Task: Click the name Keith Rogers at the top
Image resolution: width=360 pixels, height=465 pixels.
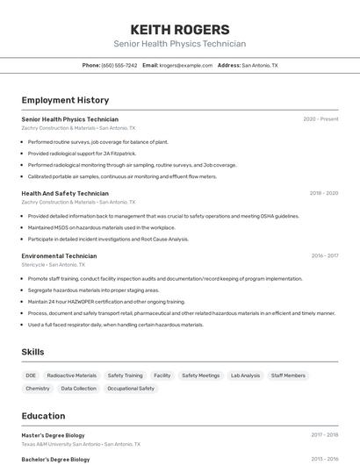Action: pyautogui.click(x=179, y=29)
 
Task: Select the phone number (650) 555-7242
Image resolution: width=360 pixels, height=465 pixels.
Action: pyautogui.click(x=119, y=65)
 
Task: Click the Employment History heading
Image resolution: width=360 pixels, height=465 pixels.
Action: pyautogui.click(x=65, y=100)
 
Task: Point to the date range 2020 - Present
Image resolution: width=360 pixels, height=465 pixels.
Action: pyautogui.click(x=320, y=119)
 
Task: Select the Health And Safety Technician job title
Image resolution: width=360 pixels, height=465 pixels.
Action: pyautogui.click(x=65, y=193)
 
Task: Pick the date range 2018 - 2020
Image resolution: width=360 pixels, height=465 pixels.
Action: pyautogui.click(x=323, y=193)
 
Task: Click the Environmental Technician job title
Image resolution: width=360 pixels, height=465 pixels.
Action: pyautogui.click(x=59, y=256)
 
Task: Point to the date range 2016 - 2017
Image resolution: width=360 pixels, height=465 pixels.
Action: pyautogui.click(x=324, y=256)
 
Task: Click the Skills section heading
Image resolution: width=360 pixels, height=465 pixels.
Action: pyautogui.click(x=33, y=352)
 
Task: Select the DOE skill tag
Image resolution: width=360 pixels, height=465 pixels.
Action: pyautogui.click(x=31, y=376)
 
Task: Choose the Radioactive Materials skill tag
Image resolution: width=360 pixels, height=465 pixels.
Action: pyautogui.click(x=72, y=376)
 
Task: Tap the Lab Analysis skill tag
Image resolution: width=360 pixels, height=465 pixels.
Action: pyautogui.click(x=245, y=376)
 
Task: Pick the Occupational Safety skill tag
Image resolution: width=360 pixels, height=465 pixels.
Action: pyautogui.click(x=130, y=388)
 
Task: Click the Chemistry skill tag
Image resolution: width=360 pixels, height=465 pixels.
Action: pyautogui.click(x=38, y=388)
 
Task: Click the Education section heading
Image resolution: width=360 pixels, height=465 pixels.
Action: pyautogui.click(x=43, y=416)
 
